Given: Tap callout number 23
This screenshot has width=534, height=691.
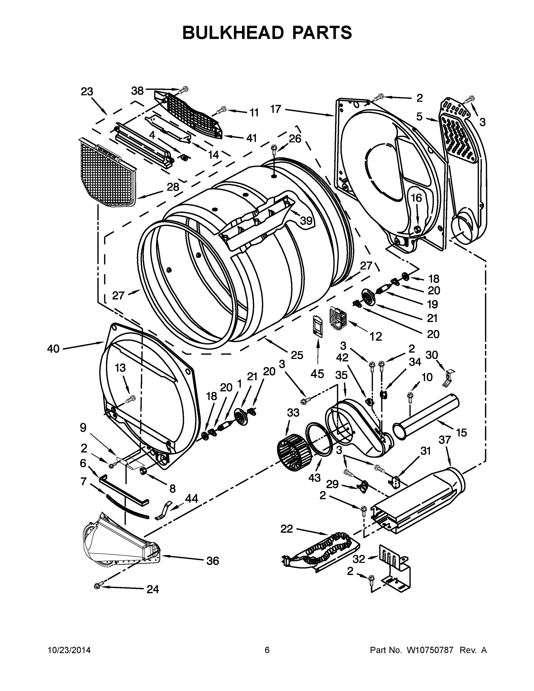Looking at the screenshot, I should click(87, 92).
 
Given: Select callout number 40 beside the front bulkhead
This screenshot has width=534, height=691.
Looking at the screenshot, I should click(53, 349).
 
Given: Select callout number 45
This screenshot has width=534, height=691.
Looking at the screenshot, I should click(317, 374).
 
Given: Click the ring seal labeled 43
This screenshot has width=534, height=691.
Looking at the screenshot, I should click(319, 439).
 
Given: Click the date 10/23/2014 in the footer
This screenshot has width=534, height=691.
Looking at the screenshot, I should click(69, 650).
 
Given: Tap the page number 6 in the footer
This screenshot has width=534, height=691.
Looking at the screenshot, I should click(267, 650).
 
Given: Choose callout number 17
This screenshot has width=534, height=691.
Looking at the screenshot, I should click(275, 109).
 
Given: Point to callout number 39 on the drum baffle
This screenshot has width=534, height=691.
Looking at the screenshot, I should click(306, 221).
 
